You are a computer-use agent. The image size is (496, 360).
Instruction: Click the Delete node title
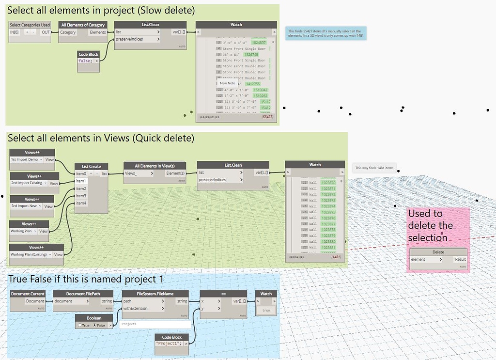click(x=438, y=252)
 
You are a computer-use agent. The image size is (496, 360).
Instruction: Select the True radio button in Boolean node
click(x=79, y=325)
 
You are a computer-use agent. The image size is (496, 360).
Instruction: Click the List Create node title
click(x=91, y=166)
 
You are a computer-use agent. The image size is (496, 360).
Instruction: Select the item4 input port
click(x=81, y=203)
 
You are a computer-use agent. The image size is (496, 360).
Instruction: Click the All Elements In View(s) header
click(x=155, y=165)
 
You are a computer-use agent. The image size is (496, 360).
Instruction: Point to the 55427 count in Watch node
click(x=267, y=117)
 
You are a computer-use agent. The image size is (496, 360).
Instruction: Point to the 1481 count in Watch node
click(x=336, y=256)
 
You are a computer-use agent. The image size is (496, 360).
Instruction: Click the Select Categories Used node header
click(x=30, y=25)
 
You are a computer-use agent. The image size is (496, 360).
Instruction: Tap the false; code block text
click(x=85, y=61)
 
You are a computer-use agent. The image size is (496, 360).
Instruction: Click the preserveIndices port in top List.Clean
click(x=129, y=39)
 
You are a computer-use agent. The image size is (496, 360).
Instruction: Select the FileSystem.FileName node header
click(x=155, y=294)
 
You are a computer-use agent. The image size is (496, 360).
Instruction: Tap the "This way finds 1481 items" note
click(x=374, y=168)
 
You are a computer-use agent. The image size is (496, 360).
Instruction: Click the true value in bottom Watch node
click(x=266, y=310)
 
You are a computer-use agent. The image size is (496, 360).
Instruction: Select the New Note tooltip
click(x=228, y=83)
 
